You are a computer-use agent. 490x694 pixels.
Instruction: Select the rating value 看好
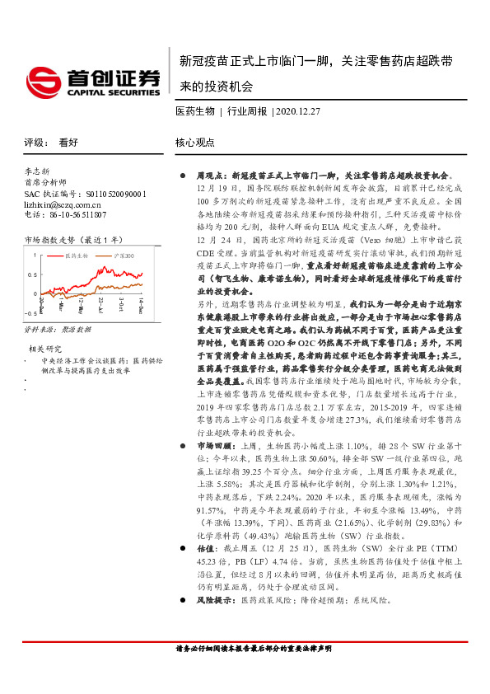coord(68,142)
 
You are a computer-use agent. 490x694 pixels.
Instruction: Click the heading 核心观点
coord(194,142)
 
